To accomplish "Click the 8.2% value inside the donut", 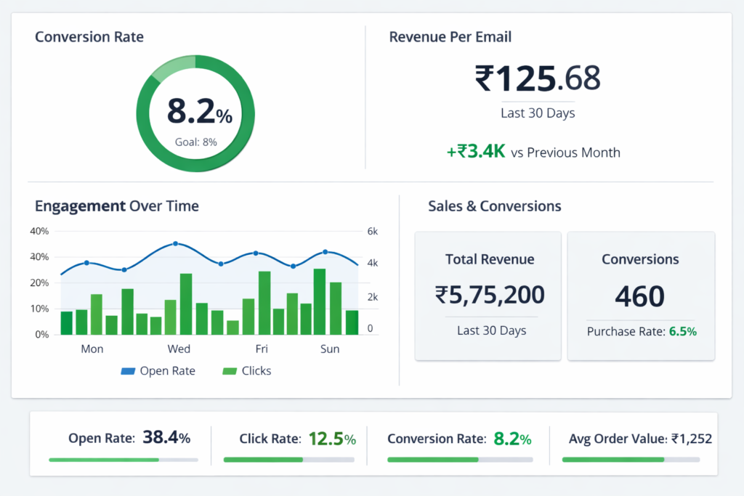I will click(199, 112).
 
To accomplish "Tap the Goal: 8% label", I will click(196, 142).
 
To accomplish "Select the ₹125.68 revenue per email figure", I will click(538, 78).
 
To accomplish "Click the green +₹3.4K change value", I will click(476, 152).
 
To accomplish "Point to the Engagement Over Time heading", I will click(116, 206).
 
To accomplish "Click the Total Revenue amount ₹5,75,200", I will click(490, 295).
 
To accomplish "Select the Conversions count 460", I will click(640, 296).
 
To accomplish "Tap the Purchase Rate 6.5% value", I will click(682, 332).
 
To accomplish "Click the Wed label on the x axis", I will click(179, 349).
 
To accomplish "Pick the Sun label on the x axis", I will click(330, 349).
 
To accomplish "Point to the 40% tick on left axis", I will click(39, 231).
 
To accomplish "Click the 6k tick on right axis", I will click(373, 231).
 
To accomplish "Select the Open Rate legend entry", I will click(158, 371).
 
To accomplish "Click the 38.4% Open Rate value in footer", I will click(166, 438).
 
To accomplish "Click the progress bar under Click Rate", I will click(288, 460).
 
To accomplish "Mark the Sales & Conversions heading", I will click(495, 206).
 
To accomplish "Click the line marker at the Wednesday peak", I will click(175, 244).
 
